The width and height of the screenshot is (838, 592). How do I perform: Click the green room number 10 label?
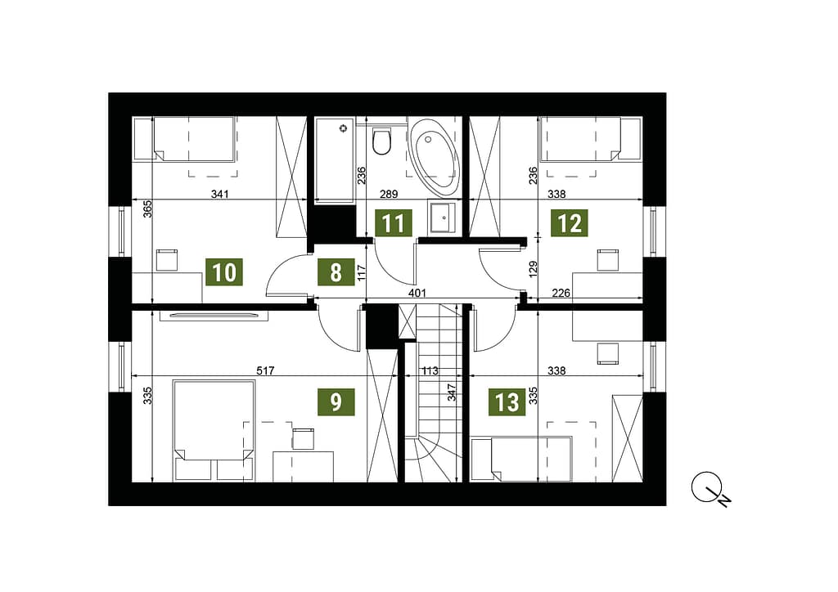[224, 272]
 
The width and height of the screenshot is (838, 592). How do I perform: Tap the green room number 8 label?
[336, 272]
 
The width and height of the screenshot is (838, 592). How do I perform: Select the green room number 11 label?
[394, 222]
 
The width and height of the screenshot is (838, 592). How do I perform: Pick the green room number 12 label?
[570, 222]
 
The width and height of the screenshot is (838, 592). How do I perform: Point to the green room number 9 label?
[336, 401]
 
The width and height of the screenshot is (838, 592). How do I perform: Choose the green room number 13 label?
[507, 401]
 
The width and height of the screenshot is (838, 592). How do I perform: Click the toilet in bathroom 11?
[381, 141]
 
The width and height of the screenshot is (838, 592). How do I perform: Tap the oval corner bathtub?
[435, 155]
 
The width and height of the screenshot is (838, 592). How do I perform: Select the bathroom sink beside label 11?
[444, 218]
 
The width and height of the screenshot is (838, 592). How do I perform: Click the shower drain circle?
[343, 128]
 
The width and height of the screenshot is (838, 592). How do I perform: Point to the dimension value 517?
[266, 370]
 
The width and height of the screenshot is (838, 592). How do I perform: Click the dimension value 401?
[417, 293]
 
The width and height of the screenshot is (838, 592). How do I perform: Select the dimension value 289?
[389, 194]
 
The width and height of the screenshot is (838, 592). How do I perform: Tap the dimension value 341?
[219, 194]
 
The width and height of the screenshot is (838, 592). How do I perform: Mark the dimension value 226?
[561, 293]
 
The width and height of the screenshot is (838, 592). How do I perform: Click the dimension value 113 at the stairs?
[430, 370]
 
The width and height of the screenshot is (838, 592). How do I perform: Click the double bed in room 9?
[214, 430]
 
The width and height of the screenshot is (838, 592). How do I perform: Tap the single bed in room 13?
[521, 459]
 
